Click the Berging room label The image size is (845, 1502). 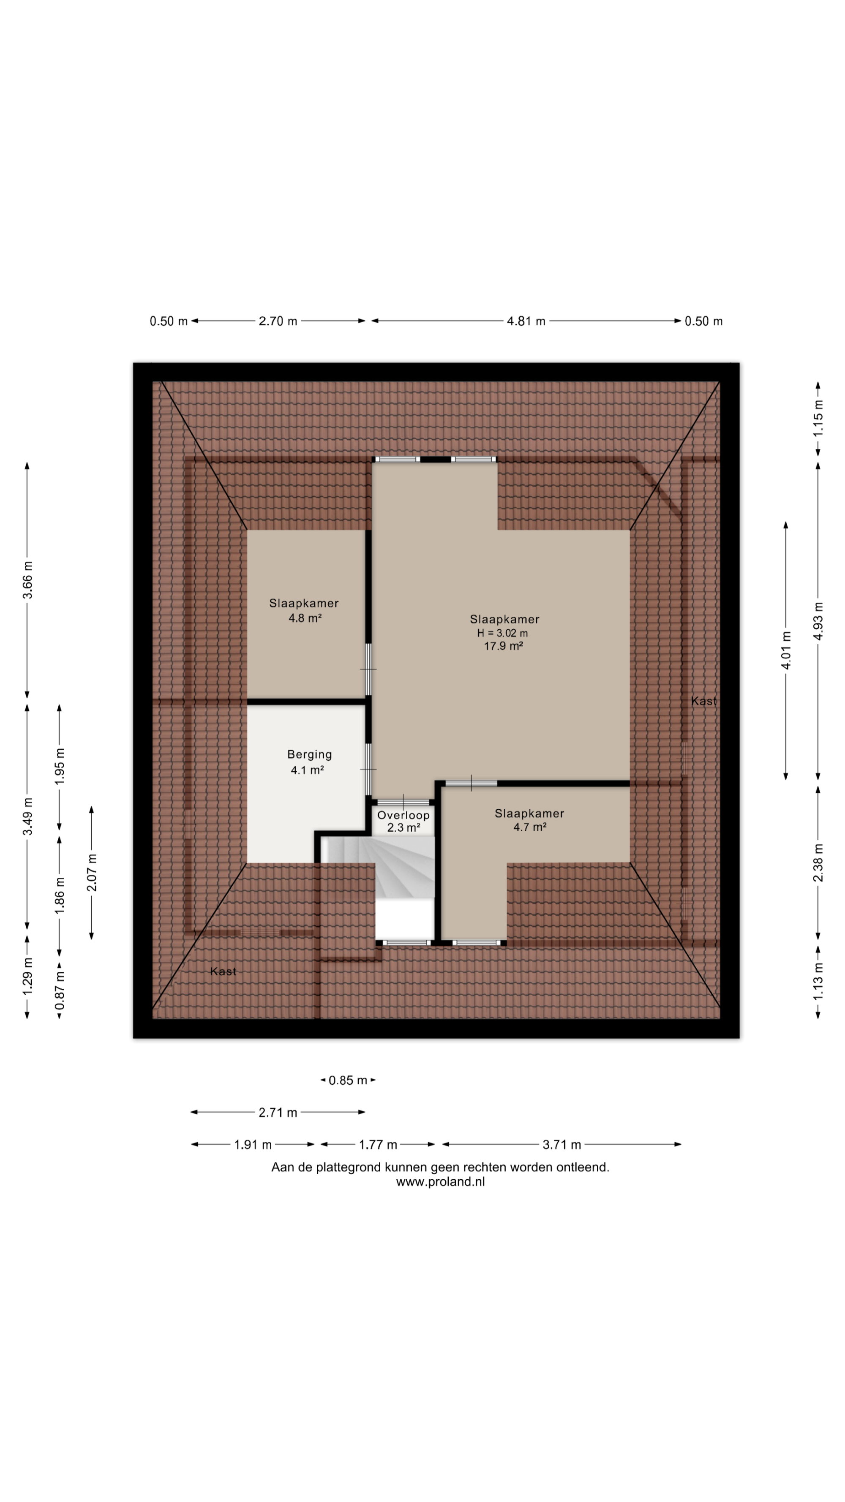coord(309,754)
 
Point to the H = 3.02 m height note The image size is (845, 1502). coord(503,633)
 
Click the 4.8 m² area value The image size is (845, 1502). coord(305,618)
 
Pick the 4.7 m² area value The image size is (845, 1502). coord(529,826)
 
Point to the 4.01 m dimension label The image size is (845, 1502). coord(786,650)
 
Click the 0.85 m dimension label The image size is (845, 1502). coord(348,1080)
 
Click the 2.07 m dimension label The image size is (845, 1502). coord(92,872)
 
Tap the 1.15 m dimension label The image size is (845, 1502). coord(818,417)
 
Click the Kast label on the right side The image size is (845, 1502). coord(704,700)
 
